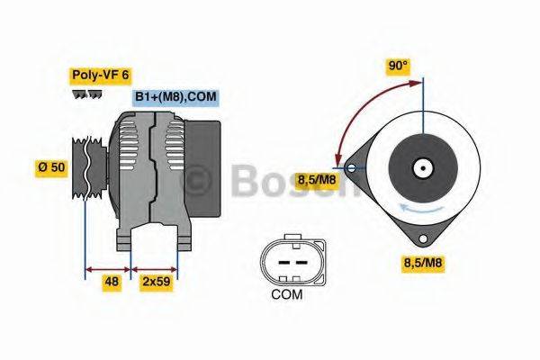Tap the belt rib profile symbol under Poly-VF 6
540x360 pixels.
click(87, 94)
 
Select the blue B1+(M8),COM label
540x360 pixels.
click(176, 97)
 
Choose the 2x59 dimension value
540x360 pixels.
click(156, 282)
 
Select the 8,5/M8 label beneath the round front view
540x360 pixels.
click(425, 263)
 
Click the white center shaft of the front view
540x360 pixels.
click(420, 167)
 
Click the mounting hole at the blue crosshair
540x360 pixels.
click(351, 166)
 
